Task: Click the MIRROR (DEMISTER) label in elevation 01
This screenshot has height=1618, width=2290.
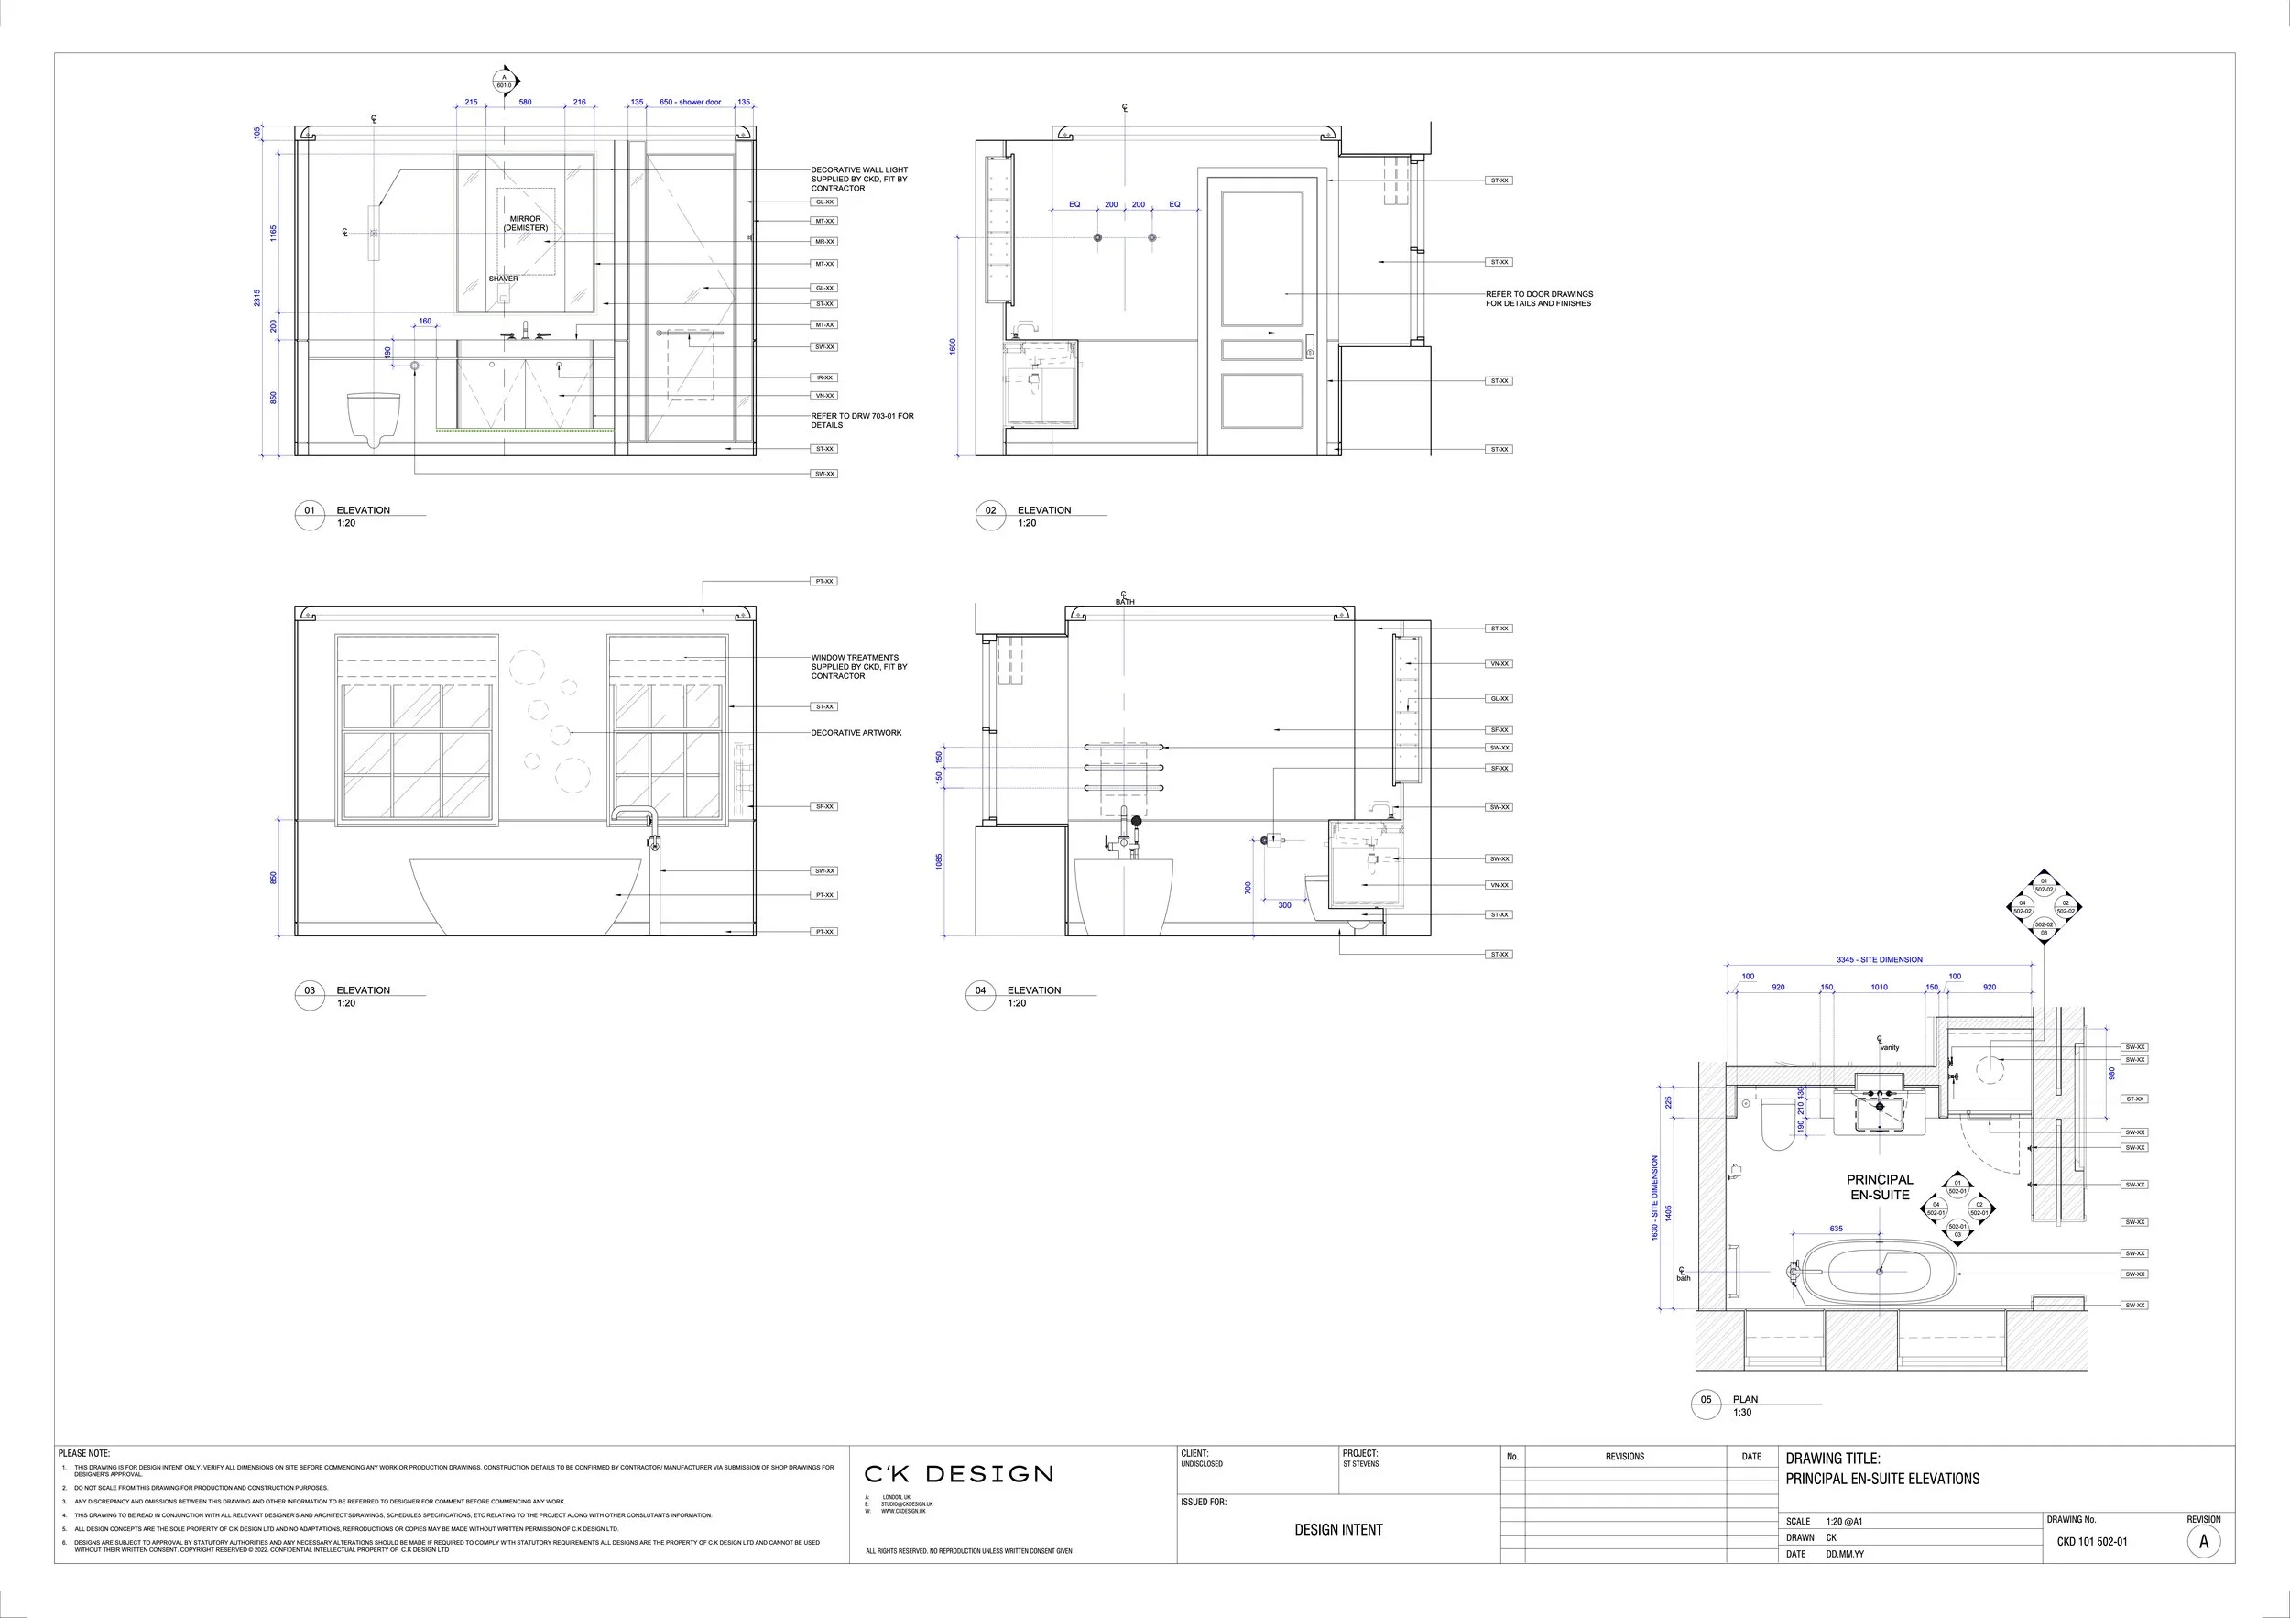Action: click(x=526, y=224)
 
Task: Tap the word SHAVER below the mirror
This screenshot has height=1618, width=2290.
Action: click(x=503, y=279)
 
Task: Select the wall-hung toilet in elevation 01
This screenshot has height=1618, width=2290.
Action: click(x=374, y=417)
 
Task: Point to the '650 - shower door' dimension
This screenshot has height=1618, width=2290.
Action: click(x=690, y=103)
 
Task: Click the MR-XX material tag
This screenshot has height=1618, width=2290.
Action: click(x=823, y=241)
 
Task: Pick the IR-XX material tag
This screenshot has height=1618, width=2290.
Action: click(x=823, y=378)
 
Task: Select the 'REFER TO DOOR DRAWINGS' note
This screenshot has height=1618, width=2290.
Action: click(x=1539, y=299)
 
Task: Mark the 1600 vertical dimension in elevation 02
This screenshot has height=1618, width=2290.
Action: click(x=953, y=346)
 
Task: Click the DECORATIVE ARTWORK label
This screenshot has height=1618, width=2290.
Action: click(x=856, y=733)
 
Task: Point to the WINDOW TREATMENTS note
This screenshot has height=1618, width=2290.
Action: click(x=859, y=666)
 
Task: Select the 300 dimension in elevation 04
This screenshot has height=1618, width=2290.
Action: click(x=1284, y=906)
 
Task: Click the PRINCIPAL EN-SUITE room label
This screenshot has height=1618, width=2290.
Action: click(x=1879, y=1187)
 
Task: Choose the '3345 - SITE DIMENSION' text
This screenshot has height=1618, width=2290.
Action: click(x=1879, y=959)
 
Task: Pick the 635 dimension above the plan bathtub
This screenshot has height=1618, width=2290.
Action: click(x=1837, y=1229)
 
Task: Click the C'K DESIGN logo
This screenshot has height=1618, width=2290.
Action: click(x=957, y=1474)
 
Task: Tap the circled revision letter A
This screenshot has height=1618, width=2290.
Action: click(x=2203, y=1541)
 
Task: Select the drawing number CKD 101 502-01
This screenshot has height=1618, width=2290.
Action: click(x=2091, y=1541)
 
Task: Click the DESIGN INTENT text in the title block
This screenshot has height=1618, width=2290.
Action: click(x=1338, y=1529)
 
